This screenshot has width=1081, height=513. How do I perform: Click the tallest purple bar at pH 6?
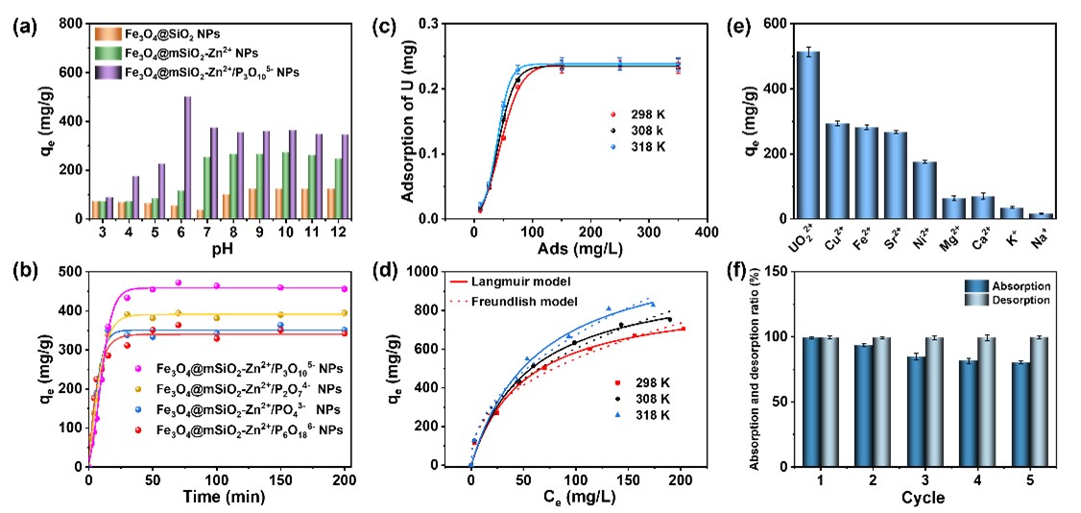tap(187, 158)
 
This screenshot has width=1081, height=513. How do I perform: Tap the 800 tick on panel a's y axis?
tap(67, 23)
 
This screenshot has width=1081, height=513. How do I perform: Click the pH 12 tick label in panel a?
tap(331, 234)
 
